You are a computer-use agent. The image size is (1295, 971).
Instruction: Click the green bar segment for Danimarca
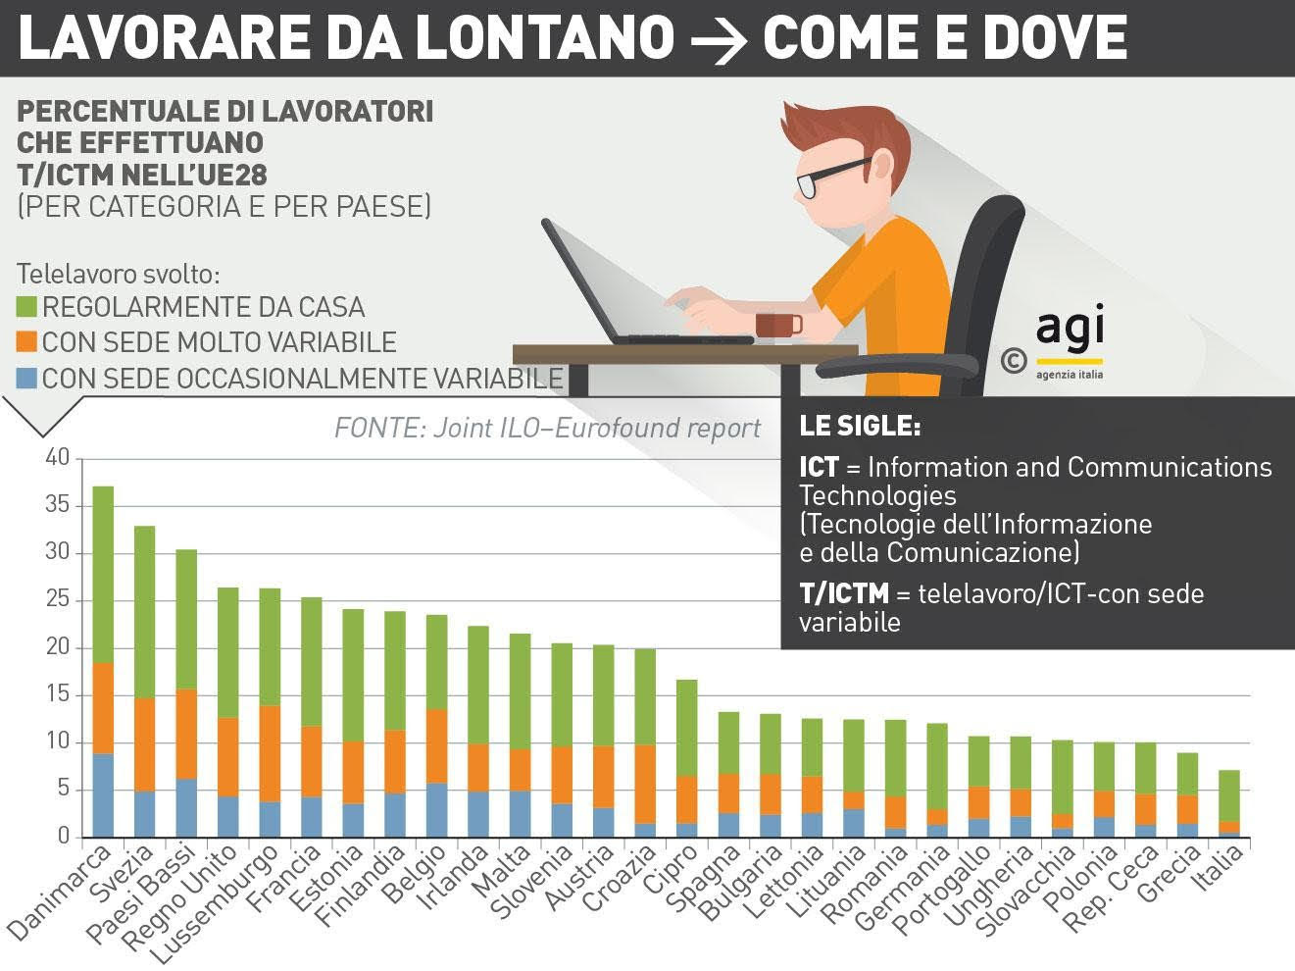(103, 575)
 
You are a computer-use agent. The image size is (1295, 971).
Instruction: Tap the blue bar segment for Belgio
(436, 809)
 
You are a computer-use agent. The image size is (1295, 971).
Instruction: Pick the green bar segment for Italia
(1229, 795)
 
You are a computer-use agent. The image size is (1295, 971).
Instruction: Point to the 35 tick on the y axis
(58, 506)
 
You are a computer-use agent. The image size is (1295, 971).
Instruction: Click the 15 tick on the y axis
(58, 695)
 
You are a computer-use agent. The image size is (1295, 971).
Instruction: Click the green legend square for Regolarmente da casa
(26, 307)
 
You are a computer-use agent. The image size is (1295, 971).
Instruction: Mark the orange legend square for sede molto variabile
(26, 342)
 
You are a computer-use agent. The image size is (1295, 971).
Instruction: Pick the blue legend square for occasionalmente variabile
(26, 378)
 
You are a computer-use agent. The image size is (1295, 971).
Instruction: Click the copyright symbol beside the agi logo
(1013, 361)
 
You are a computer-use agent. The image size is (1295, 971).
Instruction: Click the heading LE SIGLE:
(860, 427)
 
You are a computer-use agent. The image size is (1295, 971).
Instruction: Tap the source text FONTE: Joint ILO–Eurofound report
(547, 428)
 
